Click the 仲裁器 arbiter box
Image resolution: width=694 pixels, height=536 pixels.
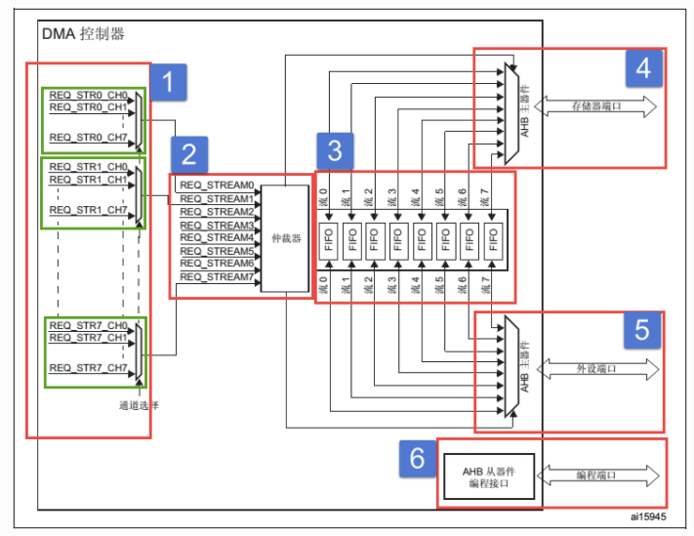tap(284, 237)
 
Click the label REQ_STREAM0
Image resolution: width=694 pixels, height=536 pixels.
tap(217, 185)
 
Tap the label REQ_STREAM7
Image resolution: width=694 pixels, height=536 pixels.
tap(217, 276)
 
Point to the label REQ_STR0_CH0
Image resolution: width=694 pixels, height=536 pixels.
tap(88, 95)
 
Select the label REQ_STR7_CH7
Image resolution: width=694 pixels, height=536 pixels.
tap(88, 368)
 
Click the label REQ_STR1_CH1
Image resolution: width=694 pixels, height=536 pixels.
tap(88, 180)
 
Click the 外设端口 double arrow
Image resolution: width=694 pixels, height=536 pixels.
tap(595, 370)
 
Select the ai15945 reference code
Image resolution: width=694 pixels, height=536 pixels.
tap(649, 514)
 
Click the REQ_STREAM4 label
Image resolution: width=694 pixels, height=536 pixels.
tap(217, 237)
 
